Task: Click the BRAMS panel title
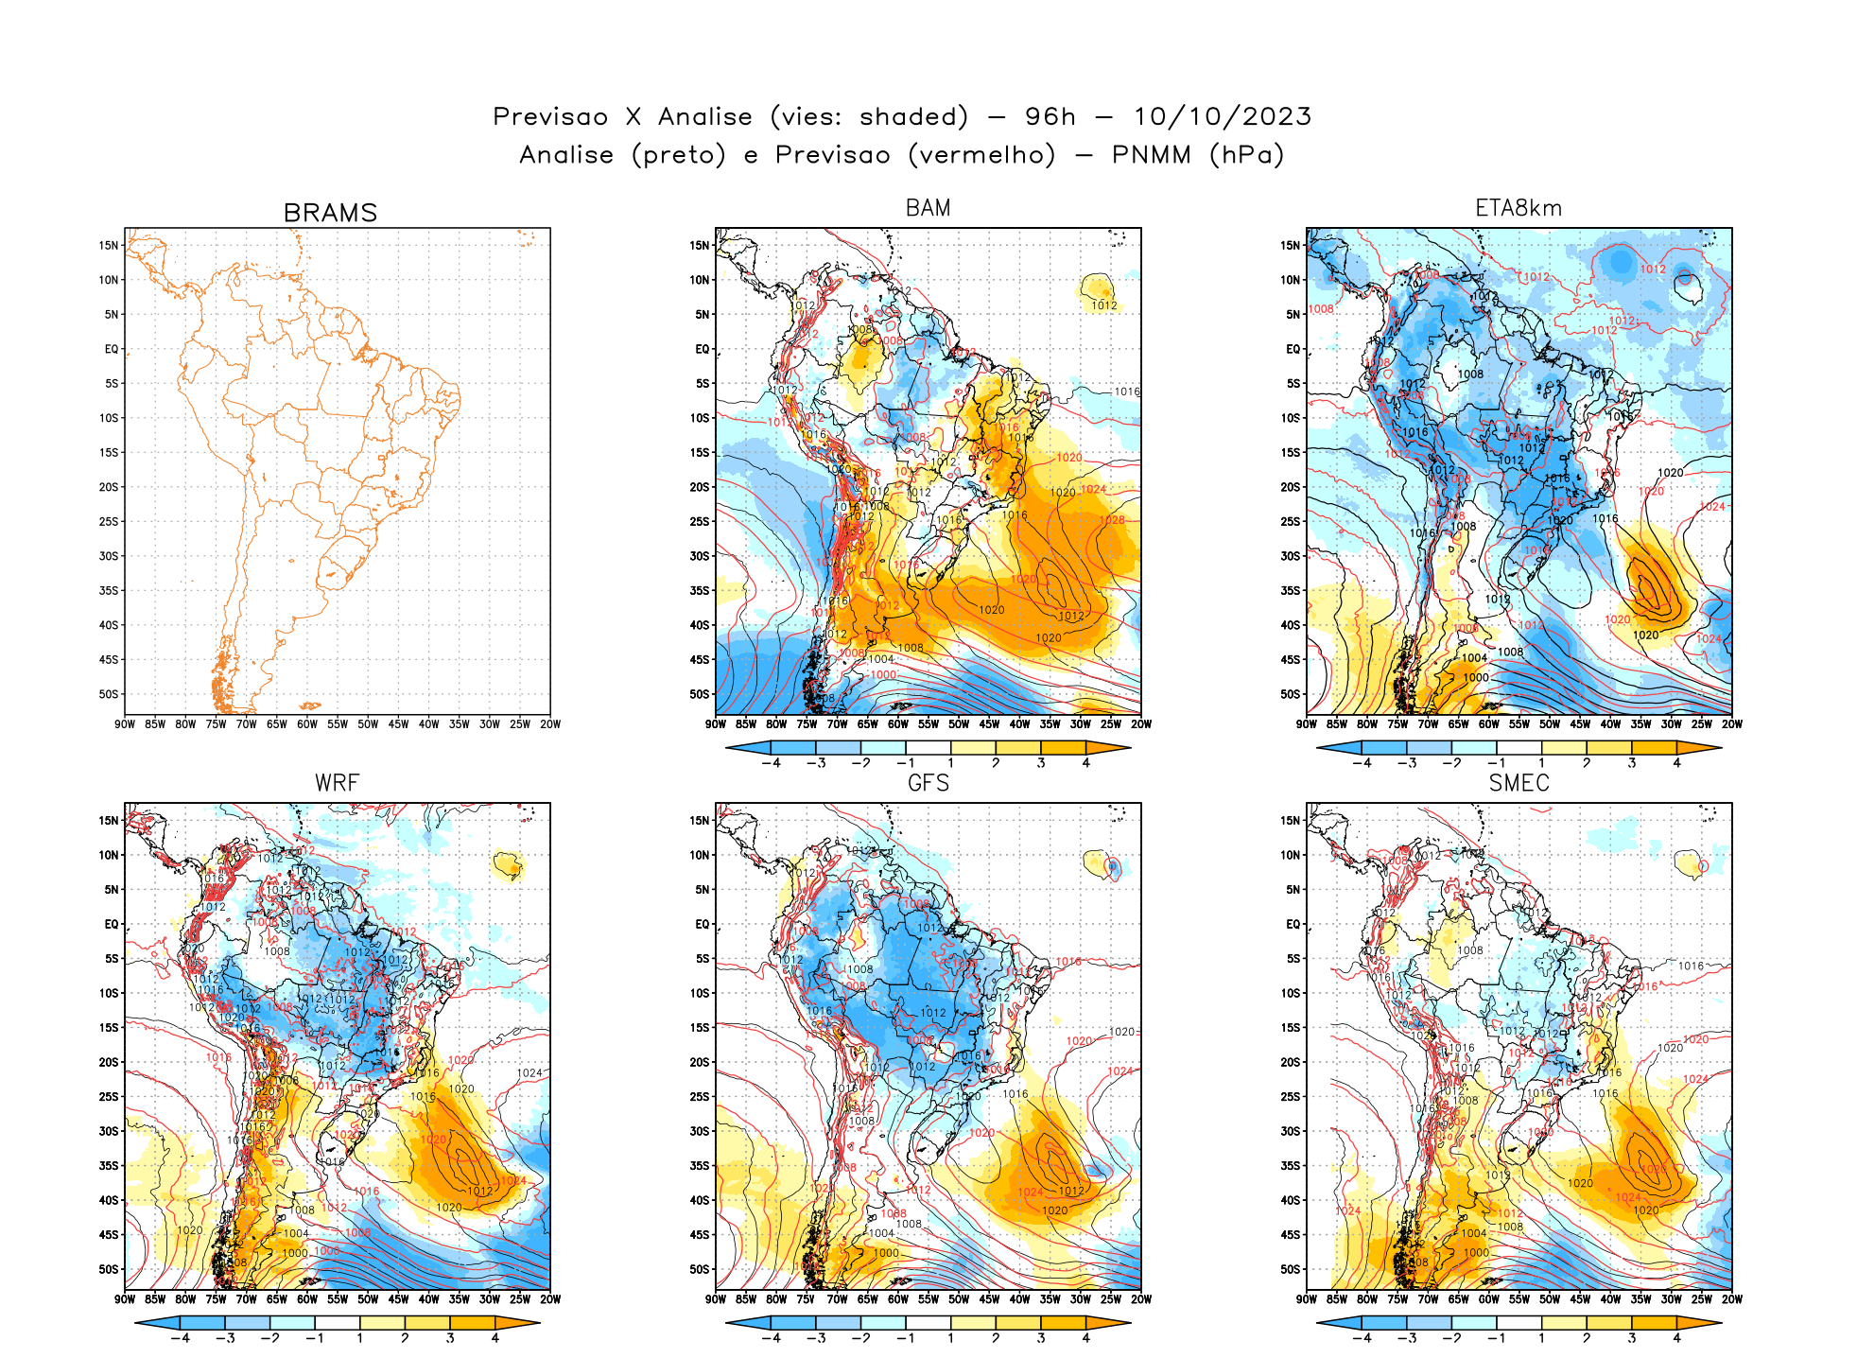tap(330, 213)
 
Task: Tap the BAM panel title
tap(928, 208)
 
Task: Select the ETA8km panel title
tap(1519, 208)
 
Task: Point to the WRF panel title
tap(337, 783)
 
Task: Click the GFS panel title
tap(928, 783)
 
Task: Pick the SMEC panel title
tap(1519, 783)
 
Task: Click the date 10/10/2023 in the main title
tap(1222, 116)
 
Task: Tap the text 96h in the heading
tap(1050, 116)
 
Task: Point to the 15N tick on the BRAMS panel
tap(109, 246)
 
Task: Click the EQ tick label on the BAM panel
tap(702, 349)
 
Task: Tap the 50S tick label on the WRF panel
tap(109, 1269)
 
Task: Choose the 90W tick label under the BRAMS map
tap(125, 724)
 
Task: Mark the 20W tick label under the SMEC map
tap(1731, 1299)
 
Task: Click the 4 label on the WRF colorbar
tap(495, 1338)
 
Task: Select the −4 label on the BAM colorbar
tap(773, 763)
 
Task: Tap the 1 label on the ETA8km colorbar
tap(1541, 763)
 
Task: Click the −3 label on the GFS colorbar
tap(817, 1338)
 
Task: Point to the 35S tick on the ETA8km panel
tap(1291, 590)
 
